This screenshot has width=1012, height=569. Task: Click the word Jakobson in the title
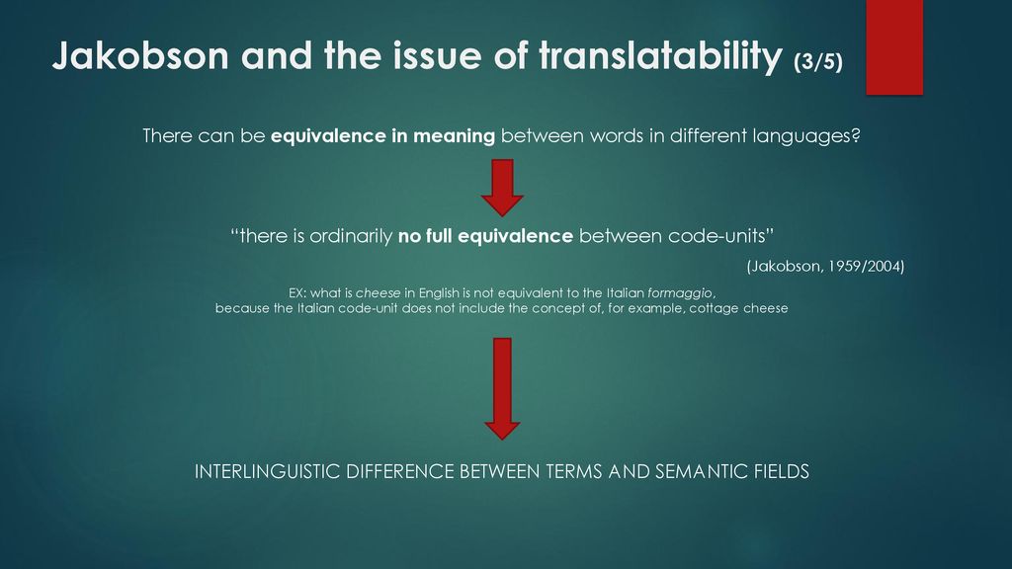pos(140,55)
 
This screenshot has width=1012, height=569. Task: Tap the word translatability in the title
pos(660,56)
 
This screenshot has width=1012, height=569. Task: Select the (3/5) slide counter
pos(818,61)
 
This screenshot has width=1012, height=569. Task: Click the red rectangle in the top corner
pos(894,47)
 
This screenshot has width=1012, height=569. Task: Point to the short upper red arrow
pos(502,188)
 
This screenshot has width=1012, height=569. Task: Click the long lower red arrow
pos(502,388)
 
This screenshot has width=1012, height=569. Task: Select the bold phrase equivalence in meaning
pos(382,136)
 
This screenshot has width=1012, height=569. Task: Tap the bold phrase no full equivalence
pos(485,236)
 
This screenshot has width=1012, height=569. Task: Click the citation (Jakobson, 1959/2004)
pos(825,266)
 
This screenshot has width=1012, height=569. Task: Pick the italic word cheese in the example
pos(379,292)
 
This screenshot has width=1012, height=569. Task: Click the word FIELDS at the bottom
pos(782,471)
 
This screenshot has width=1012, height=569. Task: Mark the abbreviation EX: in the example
pos(297,292)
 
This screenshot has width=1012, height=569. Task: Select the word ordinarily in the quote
pos(351,237)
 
